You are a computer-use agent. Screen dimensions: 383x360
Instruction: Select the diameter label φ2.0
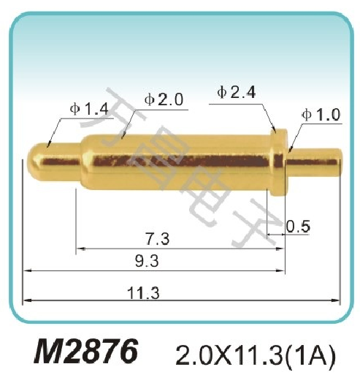pyautogui.click(x=163, y=100)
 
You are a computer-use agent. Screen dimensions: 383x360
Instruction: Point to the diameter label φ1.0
pyautogui.click(x=320, y=115)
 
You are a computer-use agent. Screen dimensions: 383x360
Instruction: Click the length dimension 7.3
pyautogui.click(x=157, y=238)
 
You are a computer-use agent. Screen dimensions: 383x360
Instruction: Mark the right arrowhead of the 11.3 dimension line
pyautogui.click(x=340, y=300)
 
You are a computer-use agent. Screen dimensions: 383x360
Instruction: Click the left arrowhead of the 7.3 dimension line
pyautogui.click(x=78, y=249)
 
